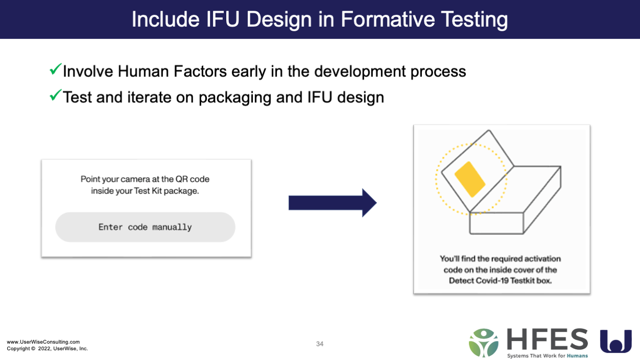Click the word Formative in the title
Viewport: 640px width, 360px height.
(388, 19)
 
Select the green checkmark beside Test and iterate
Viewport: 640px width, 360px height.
(55, 95)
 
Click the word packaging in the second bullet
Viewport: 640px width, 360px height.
(234, 98)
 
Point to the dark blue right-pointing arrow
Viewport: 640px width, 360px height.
(333, 203)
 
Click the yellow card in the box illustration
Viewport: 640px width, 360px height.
(470, 179)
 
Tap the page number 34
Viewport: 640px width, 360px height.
(319, 344)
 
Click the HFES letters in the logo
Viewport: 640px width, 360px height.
(547, 340)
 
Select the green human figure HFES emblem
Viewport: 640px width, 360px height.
(483, 343)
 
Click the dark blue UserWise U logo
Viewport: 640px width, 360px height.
(616, 341)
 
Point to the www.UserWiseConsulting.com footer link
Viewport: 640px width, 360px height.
(44, 342)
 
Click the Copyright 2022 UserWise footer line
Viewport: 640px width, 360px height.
(48, 349)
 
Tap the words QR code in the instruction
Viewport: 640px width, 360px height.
(193, 179)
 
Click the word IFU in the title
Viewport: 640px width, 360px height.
(223, 19)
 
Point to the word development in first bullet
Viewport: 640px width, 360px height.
(360, 71)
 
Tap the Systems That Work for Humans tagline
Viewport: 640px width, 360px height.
(547, 356)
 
